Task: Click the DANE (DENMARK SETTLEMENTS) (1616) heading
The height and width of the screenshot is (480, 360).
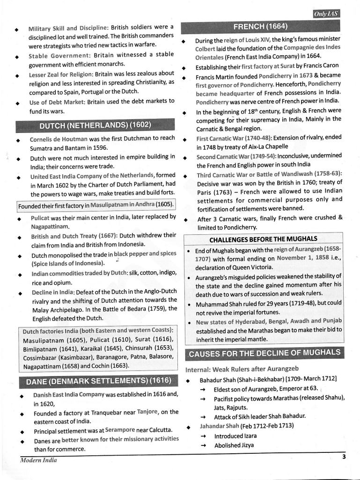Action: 95,381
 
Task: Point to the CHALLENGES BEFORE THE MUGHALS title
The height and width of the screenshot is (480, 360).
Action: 263,239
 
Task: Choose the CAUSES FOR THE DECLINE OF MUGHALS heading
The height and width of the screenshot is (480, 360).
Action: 264,353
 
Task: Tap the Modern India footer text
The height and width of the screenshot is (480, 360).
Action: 38,460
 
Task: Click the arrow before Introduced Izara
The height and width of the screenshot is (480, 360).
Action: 203,436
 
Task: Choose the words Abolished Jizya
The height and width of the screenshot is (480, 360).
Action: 234,445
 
